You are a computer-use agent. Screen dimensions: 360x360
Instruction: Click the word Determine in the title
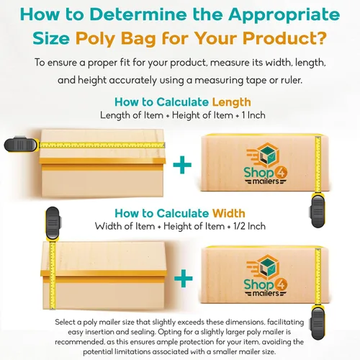click(x=138, y=14)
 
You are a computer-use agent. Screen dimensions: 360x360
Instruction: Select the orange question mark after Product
click(x=320, y=37)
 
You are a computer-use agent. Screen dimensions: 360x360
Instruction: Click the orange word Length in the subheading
click(x=232, y=102)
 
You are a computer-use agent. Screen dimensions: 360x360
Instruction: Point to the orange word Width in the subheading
click(x=229, y=213)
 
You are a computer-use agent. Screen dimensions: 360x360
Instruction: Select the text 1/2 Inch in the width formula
click(x=249, y=226)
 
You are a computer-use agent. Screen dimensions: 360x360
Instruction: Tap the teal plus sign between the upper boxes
click(x=182, y=165)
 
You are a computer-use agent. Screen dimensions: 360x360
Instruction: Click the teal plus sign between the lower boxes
click(x=184, y=278)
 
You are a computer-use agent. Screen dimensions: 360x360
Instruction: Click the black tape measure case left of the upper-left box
click(x=21, y=145)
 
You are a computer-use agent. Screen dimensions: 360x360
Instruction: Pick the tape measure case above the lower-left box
click(x=53, y=224)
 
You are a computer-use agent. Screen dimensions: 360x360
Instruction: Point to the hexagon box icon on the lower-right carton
click(x=264, y=268)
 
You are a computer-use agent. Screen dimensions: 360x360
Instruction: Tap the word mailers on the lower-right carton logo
click(x=266, y=293)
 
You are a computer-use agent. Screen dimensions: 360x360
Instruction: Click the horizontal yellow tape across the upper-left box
click(x=102, y=145)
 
